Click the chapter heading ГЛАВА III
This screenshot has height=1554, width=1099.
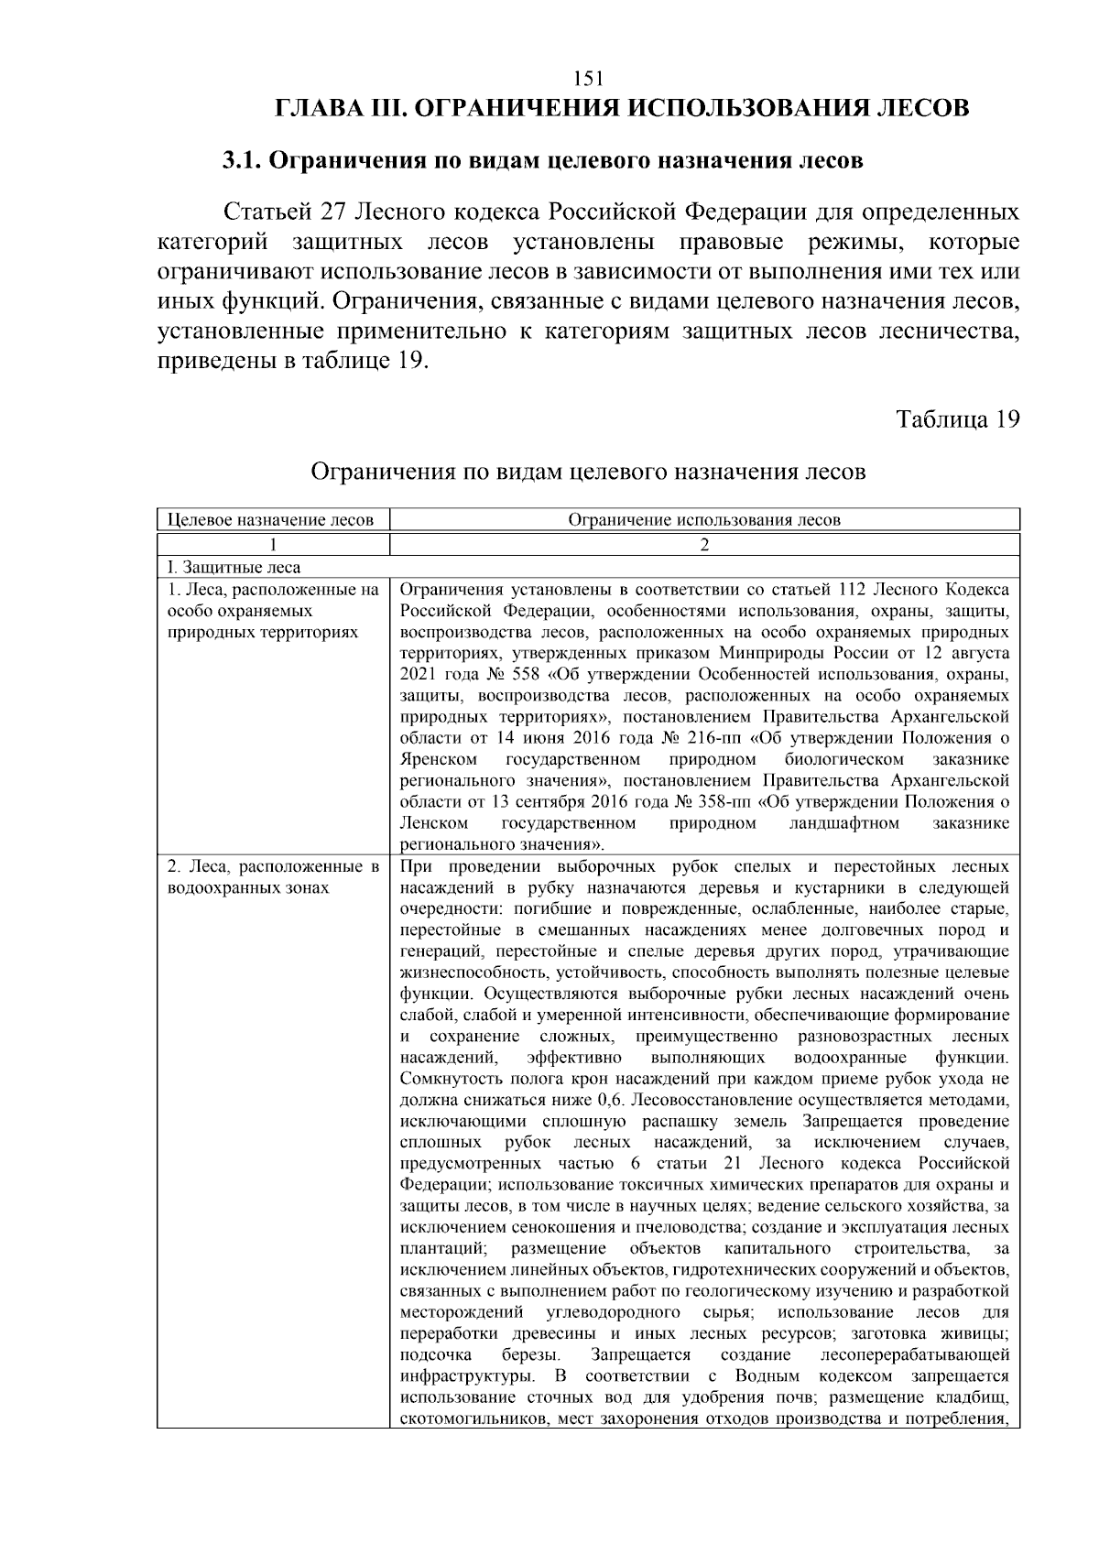click(338, 110)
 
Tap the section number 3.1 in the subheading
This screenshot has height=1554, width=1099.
click(243, 161)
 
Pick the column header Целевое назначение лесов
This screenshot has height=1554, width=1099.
click(272, 520)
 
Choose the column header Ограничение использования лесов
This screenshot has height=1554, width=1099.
click(703, 520)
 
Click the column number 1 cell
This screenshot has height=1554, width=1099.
click(272, 544)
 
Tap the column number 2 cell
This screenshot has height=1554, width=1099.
click(703, 544)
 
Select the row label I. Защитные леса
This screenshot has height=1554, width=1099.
click(234, 568)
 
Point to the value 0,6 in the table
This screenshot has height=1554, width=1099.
click(610, 1100)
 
